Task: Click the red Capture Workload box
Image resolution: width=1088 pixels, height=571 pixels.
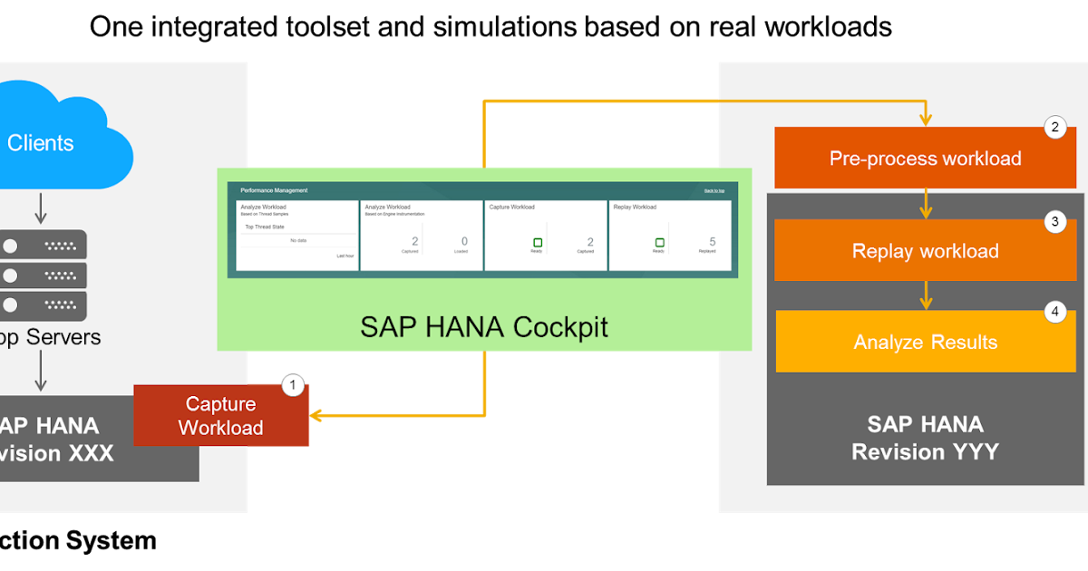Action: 221,416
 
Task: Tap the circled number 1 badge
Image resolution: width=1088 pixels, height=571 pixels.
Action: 292,385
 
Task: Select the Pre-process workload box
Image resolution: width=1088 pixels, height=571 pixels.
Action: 925,159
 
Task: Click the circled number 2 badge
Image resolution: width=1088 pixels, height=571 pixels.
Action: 1054,128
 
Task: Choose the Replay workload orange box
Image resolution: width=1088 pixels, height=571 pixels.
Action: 925,251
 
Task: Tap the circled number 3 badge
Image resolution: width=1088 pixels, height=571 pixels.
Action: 1054,221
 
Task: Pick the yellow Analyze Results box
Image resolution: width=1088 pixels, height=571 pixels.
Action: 925,342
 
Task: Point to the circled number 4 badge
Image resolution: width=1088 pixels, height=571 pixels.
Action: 1054,312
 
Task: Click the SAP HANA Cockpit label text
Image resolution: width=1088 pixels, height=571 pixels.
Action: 484,326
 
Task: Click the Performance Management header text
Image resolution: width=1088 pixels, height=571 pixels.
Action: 274,190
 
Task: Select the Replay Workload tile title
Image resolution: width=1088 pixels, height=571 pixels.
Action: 635,208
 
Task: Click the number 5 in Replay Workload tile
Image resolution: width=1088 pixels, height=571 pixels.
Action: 713,242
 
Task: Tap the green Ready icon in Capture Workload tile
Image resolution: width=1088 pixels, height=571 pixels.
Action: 537,242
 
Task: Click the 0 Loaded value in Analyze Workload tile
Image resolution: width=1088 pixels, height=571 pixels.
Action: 464,241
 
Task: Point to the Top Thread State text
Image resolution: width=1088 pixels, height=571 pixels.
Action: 265,227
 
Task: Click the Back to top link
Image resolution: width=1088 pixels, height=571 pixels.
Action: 715,191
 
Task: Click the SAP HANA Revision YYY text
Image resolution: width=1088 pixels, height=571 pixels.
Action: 925,438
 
